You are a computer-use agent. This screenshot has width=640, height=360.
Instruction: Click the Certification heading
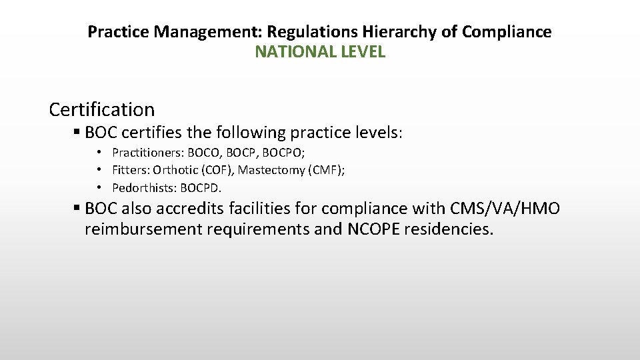102,109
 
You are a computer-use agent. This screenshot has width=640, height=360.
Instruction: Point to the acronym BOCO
199,153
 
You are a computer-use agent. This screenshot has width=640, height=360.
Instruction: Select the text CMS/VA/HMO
505,209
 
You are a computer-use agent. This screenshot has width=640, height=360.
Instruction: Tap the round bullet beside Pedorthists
99,187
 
